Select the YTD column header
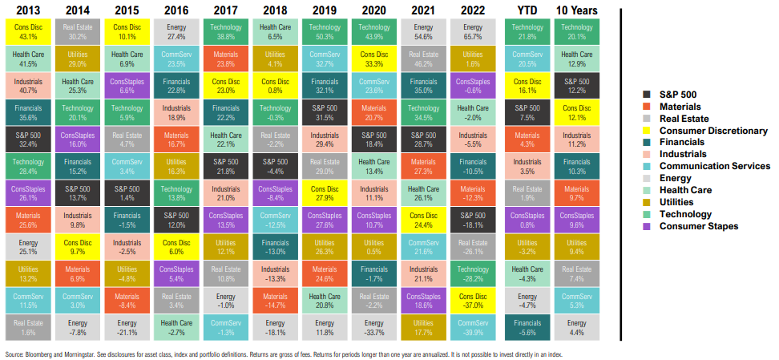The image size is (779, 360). [x=527, y=10]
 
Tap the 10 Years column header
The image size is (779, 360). [x=576, y=10]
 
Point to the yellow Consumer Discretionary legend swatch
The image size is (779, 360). [x=648, y=130]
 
